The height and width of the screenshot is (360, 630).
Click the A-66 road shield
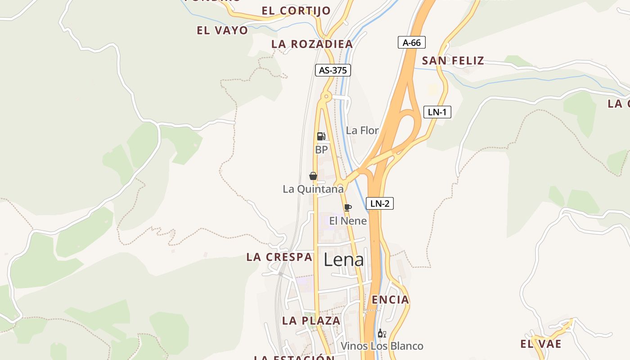click(412, 43)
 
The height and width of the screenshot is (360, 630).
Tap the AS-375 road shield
click(333, 70)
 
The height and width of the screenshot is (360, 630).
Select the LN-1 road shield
click(437, 112)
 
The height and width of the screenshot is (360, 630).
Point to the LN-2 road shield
click(380, 203)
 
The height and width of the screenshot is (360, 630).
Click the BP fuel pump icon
click(321, 136)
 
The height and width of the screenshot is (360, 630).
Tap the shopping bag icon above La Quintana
click(313, 175)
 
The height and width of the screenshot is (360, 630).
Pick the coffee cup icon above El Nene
click(347, 207)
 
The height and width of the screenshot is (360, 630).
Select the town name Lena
click(344, 260)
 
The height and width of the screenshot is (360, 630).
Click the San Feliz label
click(453, 61)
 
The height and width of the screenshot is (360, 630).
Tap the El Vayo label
click(222, 31)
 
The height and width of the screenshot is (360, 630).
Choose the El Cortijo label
click(296, 11)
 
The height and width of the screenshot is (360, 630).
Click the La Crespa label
click(279, 257)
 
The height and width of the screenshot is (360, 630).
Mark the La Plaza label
click(311, 321)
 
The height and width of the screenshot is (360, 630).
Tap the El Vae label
click(541, 344)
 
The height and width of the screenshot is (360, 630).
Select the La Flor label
click(362, 130)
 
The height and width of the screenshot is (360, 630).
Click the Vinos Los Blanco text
click(382, 346)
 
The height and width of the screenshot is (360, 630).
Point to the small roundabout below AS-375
click(326, 96)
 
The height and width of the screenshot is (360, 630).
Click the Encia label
click(391, 300)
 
